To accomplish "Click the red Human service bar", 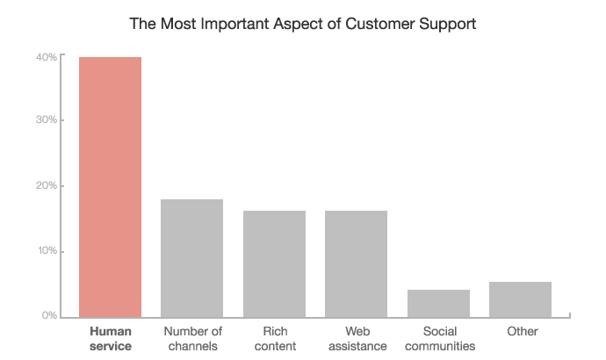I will [110, 186].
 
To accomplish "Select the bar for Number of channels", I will [191, 257].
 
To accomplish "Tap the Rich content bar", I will [274, 263].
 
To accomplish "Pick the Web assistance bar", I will [356, 263].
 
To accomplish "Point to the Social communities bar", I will [438, 303].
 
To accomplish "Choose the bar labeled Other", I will [520, 299].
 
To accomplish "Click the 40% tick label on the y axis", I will [47, 57].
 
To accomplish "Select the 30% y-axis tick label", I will [47, 120].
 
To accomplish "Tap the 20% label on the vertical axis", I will [47, 186].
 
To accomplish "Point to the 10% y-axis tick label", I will [47, 251].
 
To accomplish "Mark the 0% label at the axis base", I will [49, 315].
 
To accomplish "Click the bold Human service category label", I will [110, 339].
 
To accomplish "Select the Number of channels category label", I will [192, 339].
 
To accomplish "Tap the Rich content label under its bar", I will [274, 339].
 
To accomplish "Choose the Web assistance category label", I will [356, 339].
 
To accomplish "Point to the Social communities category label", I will [438, 339].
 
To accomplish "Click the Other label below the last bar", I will [522, 332].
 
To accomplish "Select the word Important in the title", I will [227, 24].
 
